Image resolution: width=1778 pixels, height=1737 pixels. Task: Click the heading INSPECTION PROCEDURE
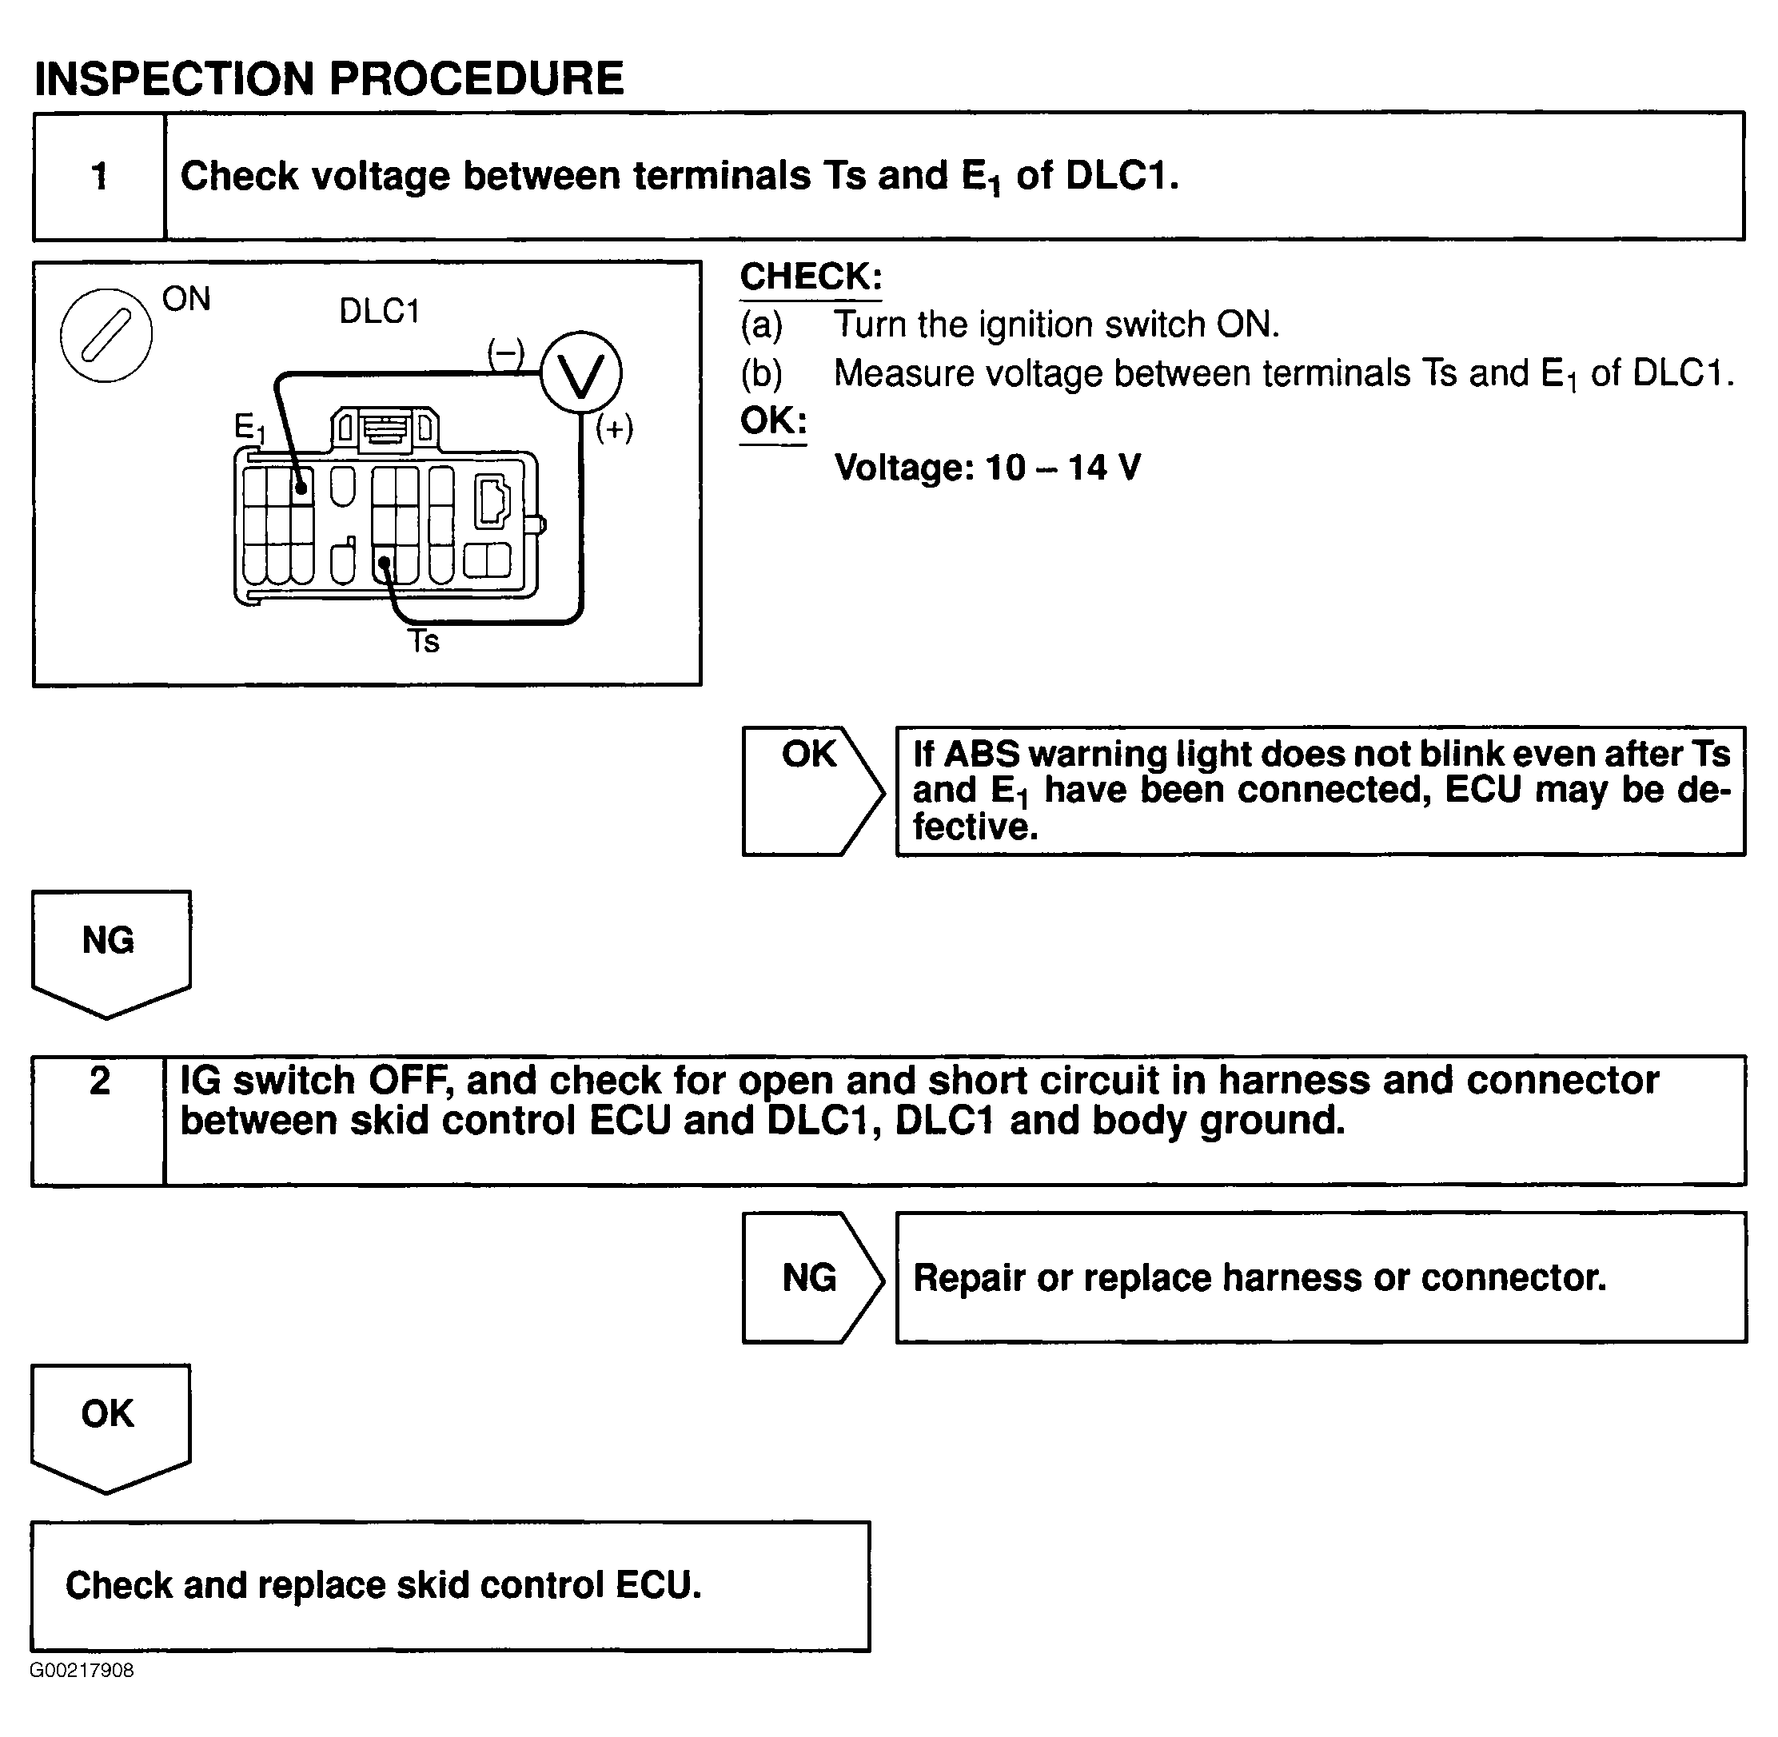pos(329,78)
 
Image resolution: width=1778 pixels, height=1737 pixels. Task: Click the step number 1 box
pos(99,176)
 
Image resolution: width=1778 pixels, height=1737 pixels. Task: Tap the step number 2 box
pos(99,1119)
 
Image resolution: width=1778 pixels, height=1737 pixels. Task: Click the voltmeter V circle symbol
pos(581,373)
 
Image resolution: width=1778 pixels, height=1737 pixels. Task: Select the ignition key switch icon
pos(106,335)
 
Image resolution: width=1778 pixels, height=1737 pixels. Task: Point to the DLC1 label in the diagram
pos(379,312)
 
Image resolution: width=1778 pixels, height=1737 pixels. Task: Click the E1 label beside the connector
pos(248,427)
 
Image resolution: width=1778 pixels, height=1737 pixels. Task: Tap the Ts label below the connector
pos(423,642)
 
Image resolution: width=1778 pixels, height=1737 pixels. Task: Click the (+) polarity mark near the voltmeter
pos(614,428)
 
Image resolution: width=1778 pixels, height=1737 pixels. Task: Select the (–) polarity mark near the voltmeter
pos(505,353)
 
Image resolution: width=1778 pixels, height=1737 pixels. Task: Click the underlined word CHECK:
pos(810,277)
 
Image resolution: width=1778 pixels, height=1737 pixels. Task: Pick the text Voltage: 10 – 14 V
pos(987,468)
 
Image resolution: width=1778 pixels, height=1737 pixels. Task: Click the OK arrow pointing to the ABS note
pos(810,790)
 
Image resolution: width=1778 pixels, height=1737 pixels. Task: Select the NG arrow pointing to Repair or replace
pos(810,1277)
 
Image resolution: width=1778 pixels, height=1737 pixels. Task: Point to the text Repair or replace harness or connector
pos(1259,1277)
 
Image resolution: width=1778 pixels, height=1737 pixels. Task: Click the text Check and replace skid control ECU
pos(383,1586)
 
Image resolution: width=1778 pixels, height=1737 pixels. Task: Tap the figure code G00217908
pos(82,1671)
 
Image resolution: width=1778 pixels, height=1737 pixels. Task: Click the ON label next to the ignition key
pos(186,299)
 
